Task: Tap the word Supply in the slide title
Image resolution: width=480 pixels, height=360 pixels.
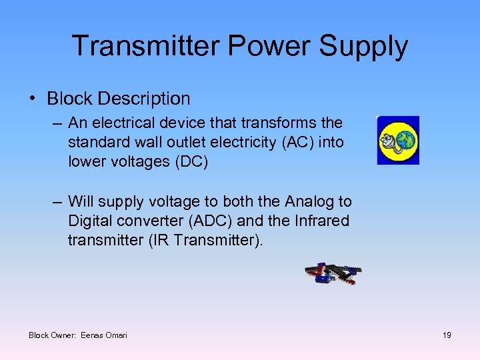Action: click(x=365, y=46)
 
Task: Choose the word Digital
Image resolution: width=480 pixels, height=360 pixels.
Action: click(x=91, y=221)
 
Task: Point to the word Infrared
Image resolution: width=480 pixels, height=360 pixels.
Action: click(x=320, y=221)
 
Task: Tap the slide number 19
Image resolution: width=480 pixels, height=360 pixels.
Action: click(x=447, y=335)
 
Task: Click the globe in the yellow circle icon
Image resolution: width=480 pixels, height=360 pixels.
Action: click(x=405, y=140)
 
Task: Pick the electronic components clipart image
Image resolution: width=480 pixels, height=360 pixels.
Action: click(x=333, y=273)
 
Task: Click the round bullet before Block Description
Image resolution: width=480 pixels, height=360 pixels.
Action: click(x=33, y=99)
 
